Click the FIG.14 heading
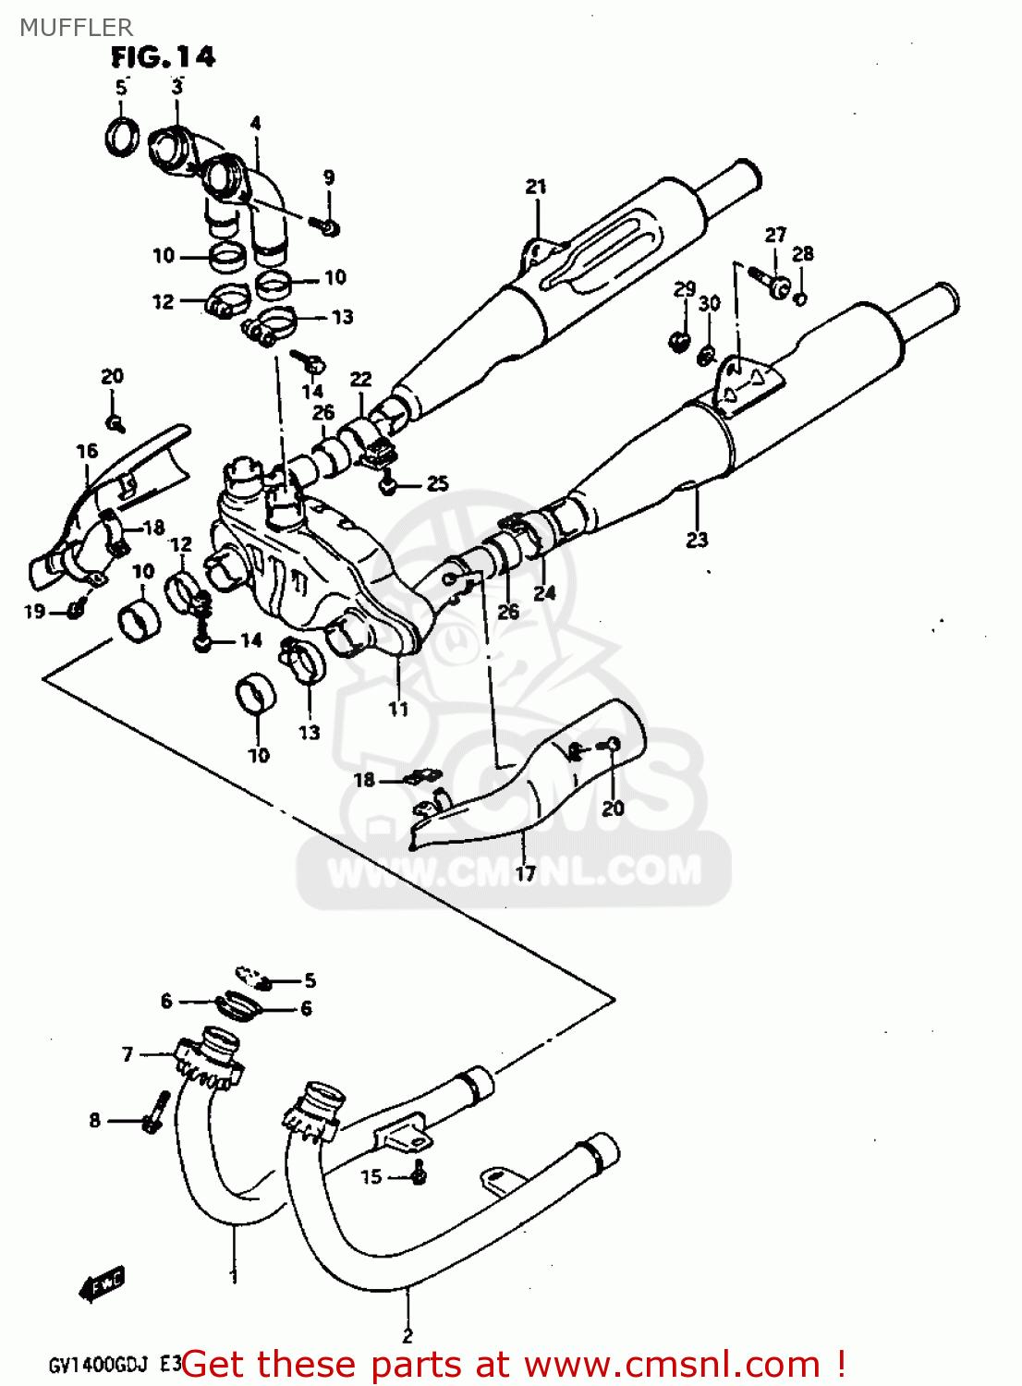[x=163, y=57]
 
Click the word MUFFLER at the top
[x=76, y=27]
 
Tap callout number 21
[x=536, y=187]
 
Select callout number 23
[x=697, y=540]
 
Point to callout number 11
[x=397, y=709]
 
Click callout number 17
[x=525, y=873]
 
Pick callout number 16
[x=87, y=451]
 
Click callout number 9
[x=328, y=177]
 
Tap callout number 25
[x=437, y=483]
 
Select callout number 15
[x=371, y=1176]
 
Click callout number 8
[x=94, y=1120]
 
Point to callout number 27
[x=775, y=235]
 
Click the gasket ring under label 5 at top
[x=122, y=137]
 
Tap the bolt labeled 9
[x=325, y=225]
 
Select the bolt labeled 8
[x=155, y=1113]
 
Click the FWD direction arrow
[x=101, y=1285]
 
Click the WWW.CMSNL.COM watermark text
[x=514, y=871]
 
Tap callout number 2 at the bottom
[x=408, y=1335]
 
